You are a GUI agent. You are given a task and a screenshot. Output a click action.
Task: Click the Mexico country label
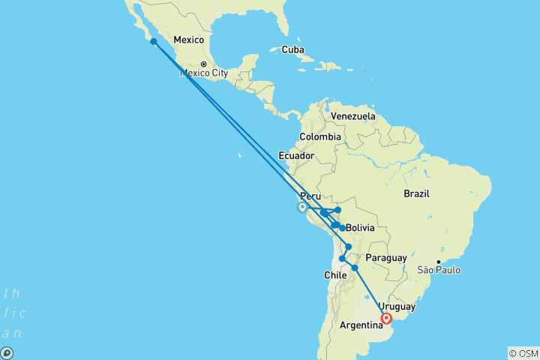[x=189, y=40]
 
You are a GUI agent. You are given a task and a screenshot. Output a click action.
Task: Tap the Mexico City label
[x=203, y=73]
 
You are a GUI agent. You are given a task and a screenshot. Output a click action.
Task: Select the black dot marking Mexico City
[x=203, y=64]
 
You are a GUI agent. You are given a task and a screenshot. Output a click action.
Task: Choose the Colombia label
[x=320, y=136]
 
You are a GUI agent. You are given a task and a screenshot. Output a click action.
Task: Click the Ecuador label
[x=295, y=156]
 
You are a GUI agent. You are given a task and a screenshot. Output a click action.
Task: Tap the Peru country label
[x=310, y=196]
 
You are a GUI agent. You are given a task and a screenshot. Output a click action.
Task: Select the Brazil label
[x=416, y=193]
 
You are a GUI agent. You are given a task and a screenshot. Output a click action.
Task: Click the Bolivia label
[x=360, y=227]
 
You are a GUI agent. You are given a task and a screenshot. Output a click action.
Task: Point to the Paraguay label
[x=386, y=258]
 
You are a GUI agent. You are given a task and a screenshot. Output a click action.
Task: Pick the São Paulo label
[x=439, y=270]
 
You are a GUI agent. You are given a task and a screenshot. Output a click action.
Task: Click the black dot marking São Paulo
[x=439, y=262]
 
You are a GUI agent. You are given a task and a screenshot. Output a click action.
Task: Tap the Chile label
[x=334, y=275]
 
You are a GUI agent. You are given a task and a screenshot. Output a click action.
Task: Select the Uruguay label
[x=397, y=307]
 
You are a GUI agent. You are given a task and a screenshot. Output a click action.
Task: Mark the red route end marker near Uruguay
[x=387, y=319]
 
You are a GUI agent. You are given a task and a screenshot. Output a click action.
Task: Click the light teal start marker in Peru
[x=301, y=208]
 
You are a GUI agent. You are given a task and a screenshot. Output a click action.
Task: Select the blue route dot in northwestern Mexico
[x=153, y=41]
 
